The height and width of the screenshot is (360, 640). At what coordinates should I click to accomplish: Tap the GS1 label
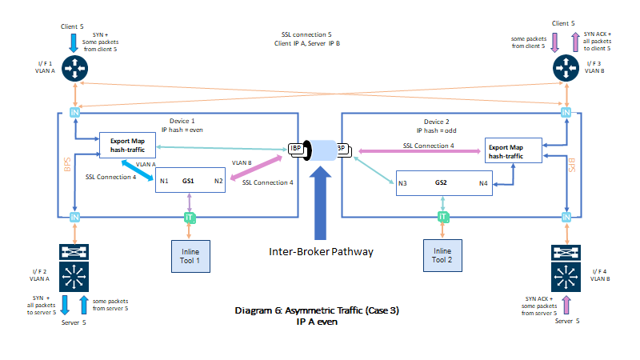click(x=189, y=182)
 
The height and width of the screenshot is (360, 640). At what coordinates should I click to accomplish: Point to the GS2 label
click(x=441, y=182)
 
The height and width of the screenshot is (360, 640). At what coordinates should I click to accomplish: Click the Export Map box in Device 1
click(x=126, y=146)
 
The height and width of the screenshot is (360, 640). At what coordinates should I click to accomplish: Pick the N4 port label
click(x=483, y=183)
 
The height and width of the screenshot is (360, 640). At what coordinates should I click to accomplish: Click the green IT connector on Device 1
click(x=189, y=218)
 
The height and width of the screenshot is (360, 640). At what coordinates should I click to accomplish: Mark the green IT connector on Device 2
click(x=441, y=218)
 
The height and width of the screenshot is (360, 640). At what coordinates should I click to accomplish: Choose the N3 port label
click(x=403, y=183)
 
